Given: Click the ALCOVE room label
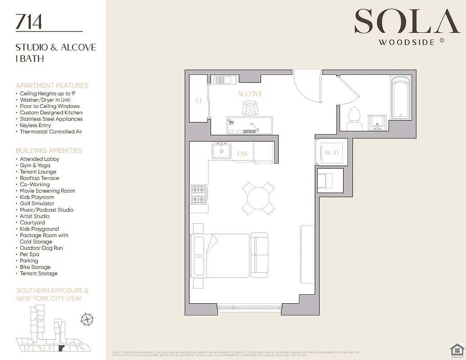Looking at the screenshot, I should [x=250, y=94].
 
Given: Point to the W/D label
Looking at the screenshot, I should [x=331, y=153].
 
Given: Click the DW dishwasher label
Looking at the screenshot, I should [x=243, y=154].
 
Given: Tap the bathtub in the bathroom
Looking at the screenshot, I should [x=400, y=98].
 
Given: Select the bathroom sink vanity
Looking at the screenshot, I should [x=377, y=121].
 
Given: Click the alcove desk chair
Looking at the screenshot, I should [x=250, y=108].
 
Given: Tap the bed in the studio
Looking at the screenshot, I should [x=220, y=255].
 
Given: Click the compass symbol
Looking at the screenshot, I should [x=86, y=320].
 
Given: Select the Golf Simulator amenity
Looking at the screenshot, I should [x=37, y=203].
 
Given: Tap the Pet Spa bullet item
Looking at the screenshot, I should [x=29, y=254].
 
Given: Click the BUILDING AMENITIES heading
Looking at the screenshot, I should [x=49, y=150].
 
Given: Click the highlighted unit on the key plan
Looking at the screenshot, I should [x=63, y=348].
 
